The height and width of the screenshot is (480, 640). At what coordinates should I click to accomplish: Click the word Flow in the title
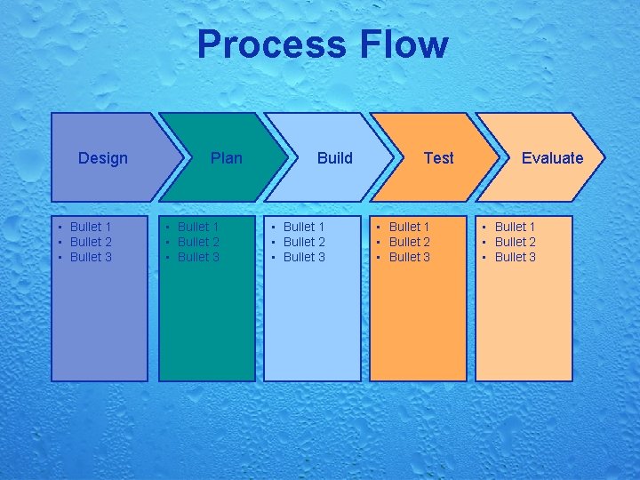(x=404, y=44)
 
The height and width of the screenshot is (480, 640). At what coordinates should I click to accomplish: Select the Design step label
(x=103, y=158)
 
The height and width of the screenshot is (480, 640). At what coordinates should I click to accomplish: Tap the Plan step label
(x=227, y=158)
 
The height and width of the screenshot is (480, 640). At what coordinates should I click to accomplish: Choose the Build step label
(x=335, y=158)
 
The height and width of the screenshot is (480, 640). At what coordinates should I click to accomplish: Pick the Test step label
(x=438, y=158)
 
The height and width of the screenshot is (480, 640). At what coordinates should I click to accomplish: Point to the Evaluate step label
(x=552, y=158)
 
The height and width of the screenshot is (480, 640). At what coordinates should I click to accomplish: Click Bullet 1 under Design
(x=91, y=227)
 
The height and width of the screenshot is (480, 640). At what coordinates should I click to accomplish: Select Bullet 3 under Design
(x=91, y=257)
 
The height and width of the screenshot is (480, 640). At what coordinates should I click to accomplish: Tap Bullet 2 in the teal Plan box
(x=198, y=242)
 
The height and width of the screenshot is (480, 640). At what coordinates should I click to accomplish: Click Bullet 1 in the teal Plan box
(x=198, y=227)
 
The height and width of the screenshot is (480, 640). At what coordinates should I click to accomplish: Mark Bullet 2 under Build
(x=304, y=242)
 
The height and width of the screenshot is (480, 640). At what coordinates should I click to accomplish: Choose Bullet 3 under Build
(x=304, y=257)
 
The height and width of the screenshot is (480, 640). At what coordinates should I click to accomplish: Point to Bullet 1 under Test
(x=410, y=227)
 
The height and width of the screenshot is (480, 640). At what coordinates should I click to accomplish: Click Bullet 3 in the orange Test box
(x=410, y=257)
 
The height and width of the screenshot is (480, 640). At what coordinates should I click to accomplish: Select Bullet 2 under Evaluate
(x=516, y=242)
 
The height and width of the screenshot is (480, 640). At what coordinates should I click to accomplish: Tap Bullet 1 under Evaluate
(x=516, y=227)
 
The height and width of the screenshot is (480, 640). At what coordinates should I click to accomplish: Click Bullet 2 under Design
(x=91, y=242)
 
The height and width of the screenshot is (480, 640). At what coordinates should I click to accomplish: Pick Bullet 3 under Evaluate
(x=516, y=257)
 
